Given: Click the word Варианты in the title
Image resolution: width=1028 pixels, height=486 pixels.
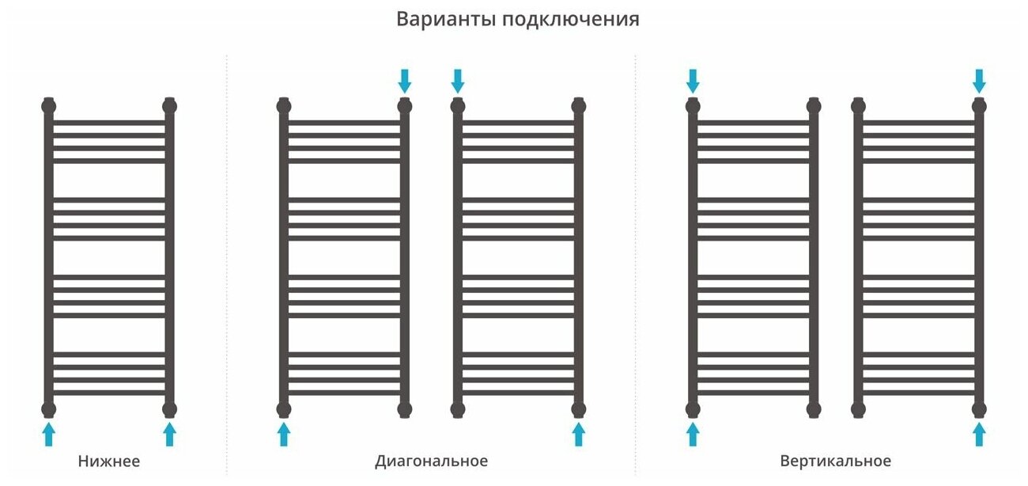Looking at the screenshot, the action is (444, 19).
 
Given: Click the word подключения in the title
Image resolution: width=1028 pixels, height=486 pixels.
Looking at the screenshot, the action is (570, 20).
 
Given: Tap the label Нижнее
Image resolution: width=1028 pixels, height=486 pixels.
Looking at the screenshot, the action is (109, 461).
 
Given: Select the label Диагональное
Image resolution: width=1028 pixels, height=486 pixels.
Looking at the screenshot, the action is (431, 461).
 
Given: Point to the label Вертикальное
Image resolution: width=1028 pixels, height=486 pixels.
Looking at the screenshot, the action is (835, 461).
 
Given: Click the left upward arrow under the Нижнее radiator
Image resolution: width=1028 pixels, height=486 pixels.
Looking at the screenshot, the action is (49, 434).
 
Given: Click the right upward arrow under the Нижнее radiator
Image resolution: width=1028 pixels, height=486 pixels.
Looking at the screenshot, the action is (169, 434).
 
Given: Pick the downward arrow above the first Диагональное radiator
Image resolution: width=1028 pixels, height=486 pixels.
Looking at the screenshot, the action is (405, 80).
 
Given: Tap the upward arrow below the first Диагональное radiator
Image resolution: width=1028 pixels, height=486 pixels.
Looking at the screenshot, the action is (284, 434).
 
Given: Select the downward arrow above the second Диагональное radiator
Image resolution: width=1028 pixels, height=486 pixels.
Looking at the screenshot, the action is (457, 80).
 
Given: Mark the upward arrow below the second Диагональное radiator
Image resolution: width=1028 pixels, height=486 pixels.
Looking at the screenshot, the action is (578, 434).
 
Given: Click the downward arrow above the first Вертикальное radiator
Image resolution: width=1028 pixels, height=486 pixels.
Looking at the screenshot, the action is (693, 80).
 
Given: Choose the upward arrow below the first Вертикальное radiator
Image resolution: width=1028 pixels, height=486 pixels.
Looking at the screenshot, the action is (693, 434).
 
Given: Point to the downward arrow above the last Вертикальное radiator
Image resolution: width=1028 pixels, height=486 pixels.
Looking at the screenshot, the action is (979, 80).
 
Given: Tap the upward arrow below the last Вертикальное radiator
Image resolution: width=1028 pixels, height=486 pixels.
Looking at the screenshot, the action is (979, 434).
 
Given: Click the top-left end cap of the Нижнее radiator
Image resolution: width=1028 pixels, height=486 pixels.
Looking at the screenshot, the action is (49, 104).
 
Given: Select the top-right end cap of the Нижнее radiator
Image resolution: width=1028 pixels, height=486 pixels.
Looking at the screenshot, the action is (169, 104).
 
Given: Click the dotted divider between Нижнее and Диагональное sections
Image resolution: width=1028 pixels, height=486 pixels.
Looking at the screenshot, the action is (227, 261).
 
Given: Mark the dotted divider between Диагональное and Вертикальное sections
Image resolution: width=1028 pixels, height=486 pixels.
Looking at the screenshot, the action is (635, 261).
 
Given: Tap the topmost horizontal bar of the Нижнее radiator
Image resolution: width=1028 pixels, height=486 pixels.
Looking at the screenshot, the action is (109, 123).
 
